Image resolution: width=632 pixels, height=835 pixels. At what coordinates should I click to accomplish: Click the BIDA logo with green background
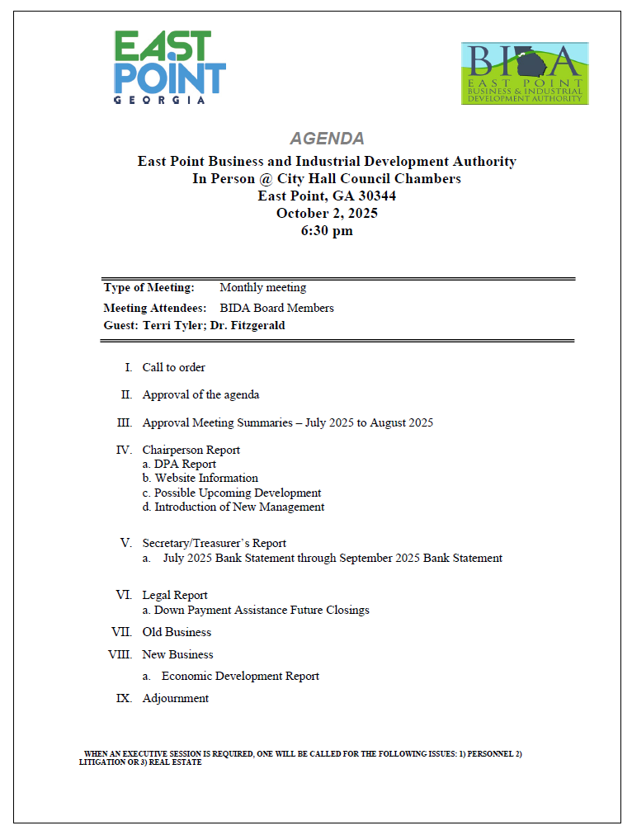pos(525,73)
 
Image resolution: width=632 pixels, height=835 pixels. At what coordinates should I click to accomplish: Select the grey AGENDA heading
pos(327,139)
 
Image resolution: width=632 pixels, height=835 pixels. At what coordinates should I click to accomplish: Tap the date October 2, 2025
pos(327,213)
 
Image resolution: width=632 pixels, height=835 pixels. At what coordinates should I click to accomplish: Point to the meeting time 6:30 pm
pos(327,231)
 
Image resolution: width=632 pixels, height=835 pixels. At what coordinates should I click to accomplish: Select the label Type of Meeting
pos(149,288)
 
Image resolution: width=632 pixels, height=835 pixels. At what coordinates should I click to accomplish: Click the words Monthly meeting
pos(262,288)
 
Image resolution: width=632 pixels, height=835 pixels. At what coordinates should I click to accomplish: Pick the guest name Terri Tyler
pos(172,326)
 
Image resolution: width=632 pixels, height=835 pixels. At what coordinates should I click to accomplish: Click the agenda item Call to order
pos(173,367)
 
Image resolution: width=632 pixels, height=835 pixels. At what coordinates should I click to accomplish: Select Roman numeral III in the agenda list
pos(125,422)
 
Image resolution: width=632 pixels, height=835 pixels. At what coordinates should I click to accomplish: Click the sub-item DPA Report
pos(185,465)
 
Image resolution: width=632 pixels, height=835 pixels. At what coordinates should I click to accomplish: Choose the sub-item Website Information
pos(206,479)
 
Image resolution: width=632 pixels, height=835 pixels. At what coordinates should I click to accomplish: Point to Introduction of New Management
pos(239,507)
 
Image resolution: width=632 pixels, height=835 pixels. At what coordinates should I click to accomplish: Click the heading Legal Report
pos(174,595)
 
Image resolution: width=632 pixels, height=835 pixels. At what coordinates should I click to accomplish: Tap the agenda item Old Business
pos(177,632)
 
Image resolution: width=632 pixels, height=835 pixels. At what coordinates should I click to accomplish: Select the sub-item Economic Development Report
pos(240,676)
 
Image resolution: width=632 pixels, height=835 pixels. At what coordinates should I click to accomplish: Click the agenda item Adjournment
pos(175,698)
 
